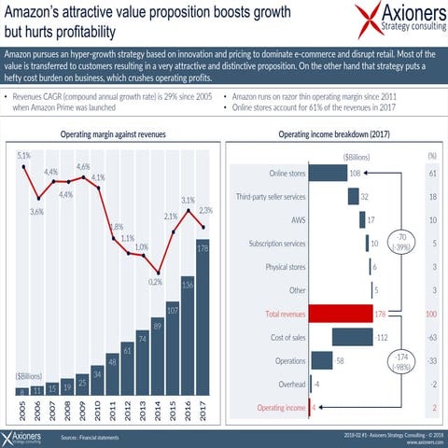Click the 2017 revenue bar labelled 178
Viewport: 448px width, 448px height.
pos(203,317)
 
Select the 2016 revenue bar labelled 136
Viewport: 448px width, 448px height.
pos(188,336)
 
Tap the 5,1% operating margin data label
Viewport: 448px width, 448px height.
pos(24,155)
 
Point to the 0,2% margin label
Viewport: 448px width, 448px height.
pos(155,281)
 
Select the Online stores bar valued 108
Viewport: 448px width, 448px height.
pos(327,173)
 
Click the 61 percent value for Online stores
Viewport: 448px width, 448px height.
pos(432,173)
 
